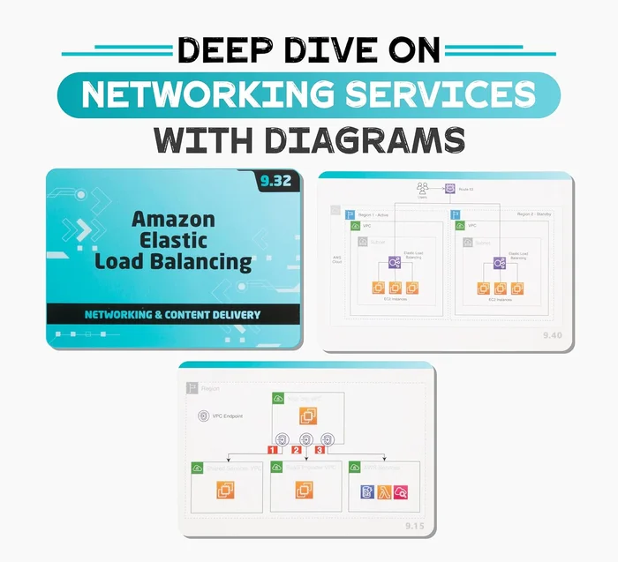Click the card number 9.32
coord(277,184)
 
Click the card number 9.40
coord(551,335)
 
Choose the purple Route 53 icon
coord(449,188)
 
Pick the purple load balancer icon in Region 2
coord(500,263)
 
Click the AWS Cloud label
coord(336,259)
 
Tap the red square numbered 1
coord(273,450)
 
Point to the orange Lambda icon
coord(384,492)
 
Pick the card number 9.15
coord(416,526)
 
